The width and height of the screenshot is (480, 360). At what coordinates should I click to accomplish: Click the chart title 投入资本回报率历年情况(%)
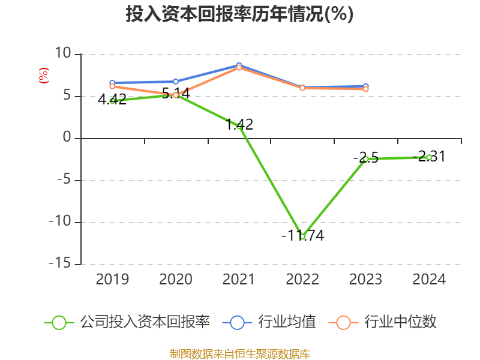click(x=239, y=14)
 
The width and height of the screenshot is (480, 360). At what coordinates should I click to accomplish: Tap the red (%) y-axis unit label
click(x=43, y=76)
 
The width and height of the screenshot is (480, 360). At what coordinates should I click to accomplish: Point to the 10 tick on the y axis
click(x=62, y=54)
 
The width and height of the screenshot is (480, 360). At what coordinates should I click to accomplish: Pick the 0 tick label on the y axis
click(x=67, y=138)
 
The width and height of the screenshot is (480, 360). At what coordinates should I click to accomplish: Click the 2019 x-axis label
click(x=112, y=280)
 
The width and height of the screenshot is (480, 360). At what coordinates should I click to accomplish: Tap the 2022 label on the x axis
click(x=302, y=280)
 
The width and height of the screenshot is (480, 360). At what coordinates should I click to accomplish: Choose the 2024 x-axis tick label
click(x=430, y=280)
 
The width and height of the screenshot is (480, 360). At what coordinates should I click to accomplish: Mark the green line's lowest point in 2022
click(x=302, y=236)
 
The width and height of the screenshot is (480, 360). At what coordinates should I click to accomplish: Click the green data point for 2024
click(x=429, y=157)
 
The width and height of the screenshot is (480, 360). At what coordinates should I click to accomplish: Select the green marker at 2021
click(x=239, y=126)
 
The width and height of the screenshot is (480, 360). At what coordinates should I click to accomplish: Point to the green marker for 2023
click(x=366, y=159)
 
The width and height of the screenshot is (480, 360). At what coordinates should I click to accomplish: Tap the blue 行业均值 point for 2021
click(x=239, y=65)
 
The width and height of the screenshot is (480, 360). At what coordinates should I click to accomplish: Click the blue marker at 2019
click(x=112, y=83)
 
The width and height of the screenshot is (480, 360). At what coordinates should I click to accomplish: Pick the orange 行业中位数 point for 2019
click(x=112, y=87)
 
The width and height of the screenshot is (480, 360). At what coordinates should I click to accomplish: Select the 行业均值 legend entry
click(x=269, y=322)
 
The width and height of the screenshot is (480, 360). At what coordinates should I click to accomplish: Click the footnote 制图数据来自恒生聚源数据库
click(x=239, y=353)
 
